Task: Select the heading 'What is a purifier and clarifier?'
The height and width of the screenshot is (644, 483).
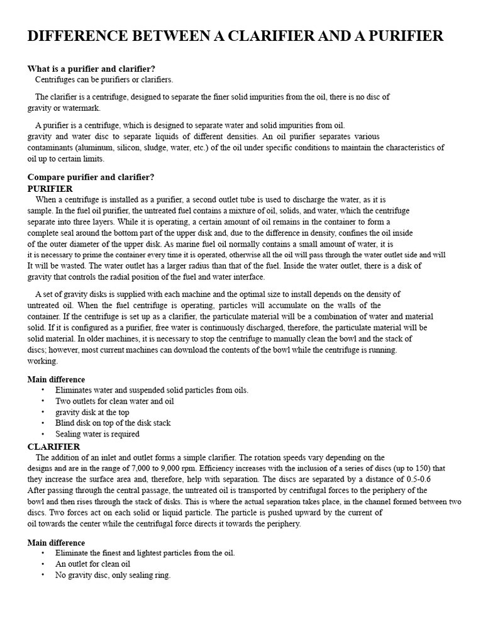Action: coord(91,69)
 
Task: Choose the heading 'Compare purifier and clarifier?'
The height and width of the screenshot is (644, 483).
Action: coord(91,177)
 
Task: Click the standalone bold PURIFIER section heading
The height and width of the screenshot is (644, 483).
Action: coord(50,189)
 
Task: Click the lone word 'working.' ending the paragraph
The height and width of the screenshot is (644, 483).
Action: coord(42,361)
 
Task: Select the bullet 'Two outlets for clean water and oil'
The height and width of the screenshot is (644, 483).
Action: coord(114,401)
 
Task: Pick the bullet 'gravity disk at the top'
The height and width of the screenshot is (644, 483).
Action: coord(92,412)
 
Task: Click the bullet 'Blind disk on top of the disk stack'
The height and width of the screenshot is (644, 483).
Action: coord(113,423)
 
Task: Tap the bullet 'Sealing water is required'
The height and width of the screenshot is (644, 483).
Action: coord(97,434)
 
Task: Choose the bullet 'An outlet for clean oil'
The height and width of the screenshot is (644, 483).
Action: coord(92,564)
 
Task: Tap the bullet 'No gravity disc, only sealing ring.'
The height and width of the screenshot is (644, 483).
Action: coord(113,575)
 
